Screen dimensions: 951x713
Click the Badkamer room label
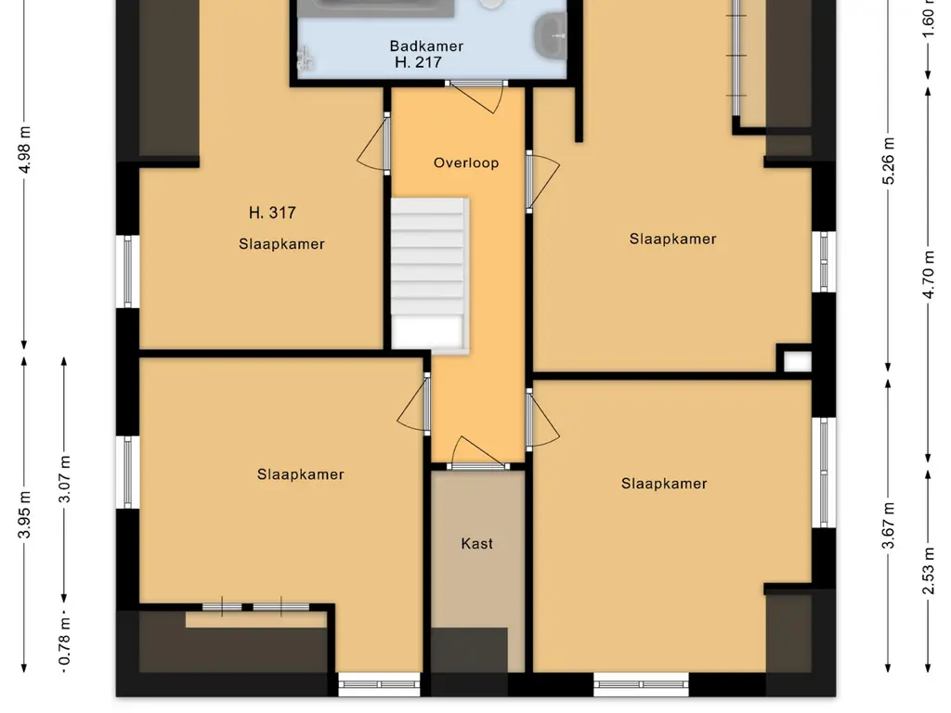pyautogui.click(x=426, y=46)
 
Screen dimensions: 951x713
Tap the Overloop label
pyautogui.click(x=466, y=162)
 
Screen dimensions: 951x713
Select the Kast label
pyautogui.click(x=476, y=543)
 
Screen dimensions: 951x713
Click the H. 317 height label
pyautogui.click(x=272, y=213)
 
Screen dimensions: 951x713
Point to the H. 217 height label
pyautogui.click(x=418, y=62)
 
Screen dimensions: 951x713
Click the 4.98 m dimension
pyautogui.click(x=24, y=149)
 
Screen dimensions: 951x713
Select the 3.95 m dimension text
pyautogui.click(x=24, y=515)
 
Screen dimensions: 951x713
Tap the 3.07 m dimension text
pyautogui.click(x=64, y=479)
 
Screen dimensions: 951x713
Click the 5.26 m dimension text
pyautogui.click(x=888, y=162)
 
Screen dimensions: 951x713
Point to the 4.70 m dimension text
pyautogui.click(x=928, y=275)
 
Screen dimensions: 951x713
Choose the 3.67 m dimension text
pyautogui.click(x=888, y=525)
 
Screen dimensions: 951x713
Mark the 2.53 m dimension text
pyautogui.click(x=928, y=571)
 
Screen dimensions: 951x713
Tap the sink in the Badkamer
pyautogui.click(x=550, y=36)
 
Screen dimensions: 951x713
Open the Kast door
pyautogui.click(x=478, y=453)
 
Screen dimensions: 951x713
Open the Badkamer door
pyautogui.click(x=476, y=96)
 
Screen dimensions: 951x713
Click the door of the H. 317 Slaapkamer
pyautogui.click(x=374, y=144)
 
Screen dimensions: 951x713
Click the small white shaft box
pyautogui.click(x=798, y=361)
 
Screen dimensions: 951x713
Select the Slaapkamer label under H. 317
pyautogui.click(x=281, y=244)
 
